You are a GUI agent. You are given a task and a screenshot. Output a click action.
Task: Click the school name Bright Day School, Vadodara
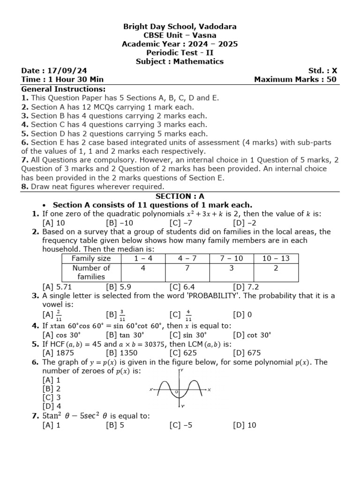180,27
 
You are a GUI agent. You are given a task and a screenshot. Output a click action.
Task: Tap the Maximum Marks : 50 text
295,80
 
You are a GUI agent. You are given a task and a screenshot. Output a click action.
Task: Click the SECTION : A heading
180,196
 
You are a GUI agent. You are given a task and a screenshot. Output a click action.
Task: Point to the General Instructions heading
63,89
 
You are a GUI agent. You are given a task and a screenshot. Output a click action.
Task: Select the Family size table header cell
91,258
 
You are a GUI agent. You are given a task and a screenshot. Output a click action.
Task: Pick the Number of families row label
91,272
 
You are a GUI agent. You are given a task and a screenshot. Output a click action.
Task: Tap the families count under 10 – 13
276,268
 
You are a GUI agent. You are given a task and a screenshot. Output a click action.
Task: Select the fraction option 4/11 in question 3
188,315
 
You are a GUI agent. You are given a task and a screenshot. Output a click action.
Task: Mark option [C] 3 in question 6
52,397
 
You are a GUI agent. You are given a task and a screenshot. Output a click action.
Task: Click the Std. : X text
322,71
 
